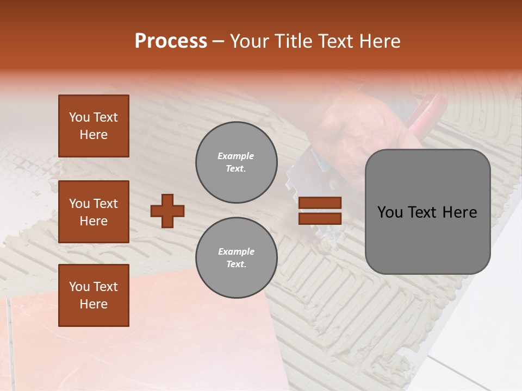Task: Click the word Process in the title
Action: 171,41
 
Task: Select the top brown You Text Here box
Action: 94,126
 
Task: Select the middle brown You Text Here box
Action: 94,212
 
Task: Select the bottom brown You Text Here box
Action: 94,295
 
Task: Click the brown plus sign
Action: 167,211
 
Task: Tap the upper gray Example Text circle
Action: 237,162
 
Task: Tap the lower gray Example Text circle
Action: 237,258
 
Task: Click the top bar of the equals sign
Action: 320,203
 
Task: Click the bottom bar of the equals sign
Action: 320,218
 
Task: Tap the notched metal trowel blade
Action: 310,174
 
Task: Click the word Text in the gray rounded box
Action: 424,212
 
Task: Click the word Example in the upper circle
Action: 236,156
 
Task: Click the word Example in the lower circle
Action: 236,251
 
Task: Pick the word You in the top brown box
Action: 79,117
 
